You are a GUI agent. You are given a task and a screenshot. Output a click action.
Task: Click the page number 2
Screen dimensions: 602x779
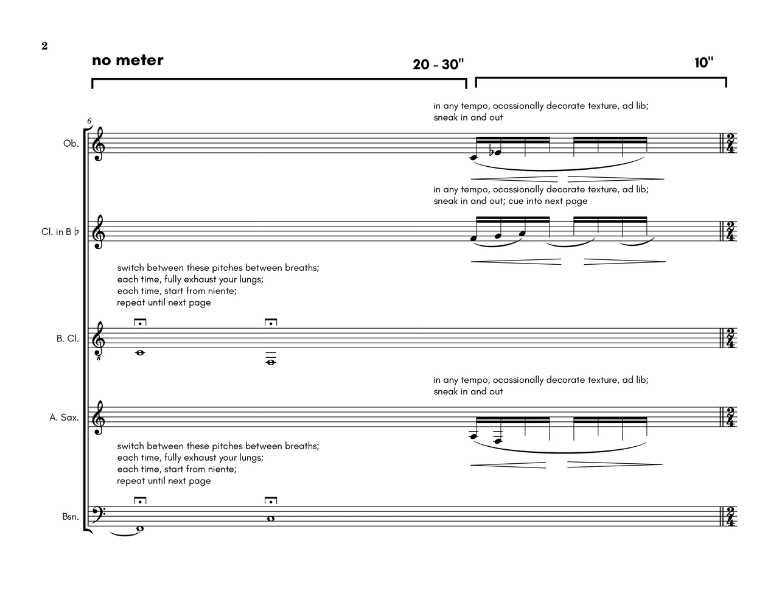tap(44, 46)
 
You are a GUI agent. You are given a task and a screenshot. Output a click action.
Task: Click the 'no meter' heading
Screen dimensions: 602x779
tap(128, 60)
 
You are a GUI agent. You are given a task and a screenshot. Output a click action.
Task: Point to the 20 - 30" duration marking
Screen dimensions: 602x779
tap(438, 65)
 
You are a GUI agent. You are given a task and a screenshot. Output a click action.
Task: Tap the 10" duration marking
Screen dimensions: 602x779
tap(704, 63)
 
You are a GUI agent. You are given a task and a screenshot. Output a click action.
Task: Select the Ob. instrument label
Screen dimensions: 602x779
tap(71, 144)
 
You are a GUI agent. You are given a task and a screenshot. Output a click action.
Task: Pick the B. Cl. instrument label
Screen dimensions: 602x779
tap(68, 338)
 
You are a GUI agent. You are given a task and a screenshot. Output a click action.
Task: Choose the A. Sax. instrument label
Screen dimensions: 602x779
tap(65, 418)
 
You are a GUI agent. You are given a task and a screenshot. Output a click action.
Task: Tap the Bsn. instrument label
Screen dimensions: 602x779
tap(70, 517)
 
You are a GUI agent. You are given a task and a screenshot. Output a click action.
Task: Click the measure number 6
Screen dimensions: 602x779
tap(89, 121)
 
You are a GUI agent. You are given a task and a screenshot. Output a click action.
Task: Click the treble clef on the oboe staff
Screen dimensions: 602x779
tap(98, 144)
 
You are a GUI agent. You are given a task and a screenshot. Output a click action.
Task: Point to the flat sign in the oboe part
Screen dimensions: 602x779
tap(492, 152)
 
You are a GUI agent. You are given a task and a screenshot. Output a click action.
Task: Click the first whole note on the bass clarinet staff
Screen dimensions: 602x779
tap(140, 352)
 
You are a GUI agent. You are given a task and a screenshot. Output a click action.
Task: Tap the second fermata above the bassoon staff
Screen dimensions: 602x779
tap(271, 501)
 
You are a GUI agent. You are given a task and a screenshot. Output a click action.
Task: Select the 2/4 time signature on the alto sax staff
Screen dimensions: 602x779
tap(730, 418)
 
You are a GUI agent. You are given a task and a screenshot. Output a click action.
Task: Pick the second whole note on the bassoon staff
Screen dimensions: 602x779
tap(271, 519)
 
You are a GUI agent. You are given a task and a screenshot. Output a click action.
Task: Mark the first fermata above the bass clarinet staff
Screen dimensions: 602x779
tap(140, 322)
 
